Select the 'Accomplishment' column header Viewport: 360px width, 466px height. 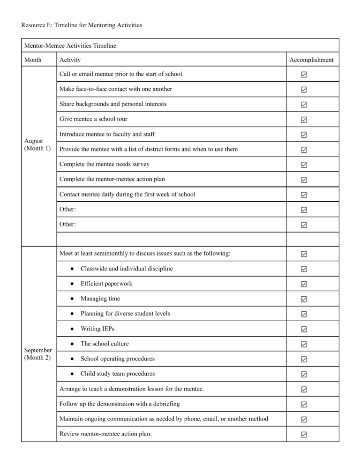click(x=311, y=60)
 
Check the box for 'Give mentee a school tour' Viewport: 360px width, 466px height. click(x=304, y=120)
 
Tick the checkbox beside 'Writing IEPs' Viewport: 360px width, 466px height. click(x=304, y=329)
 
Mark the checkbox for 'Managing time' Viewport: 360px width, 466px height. click(x=304, y=299)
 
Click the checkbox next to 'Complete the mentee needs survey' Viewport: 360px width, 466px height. click(x=304, y=165)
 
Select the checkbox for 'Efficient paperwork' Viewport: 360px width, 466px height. click(x=304, y=284)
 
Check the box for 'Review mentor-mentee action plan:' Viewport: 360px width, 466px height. click(x=304, y=434)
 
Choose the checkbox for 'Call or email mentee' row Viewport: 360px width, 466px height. click(x=304, y=75)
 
